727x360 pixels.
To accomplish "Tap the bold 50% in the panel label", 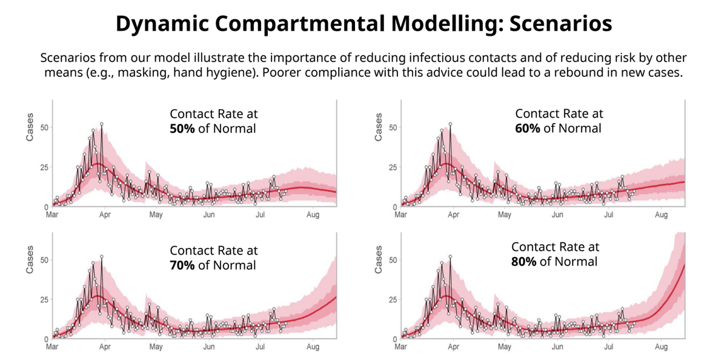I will [x=182, y=128].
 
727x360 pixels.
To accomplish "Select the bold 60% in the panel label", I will [x=528, y=128].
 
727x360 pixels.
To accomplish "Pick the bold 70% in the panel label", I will [x=182, y=265].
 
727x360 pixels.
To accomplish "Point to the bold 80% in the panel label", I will [x=524, y=262].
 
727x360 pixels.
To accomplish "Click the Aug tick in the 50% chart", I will [x=313, y=215].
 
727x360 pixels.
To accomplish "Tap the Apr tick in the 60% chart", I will [x=453, y=215].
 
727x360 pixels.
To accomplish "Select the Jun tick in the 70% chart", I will [x=209, y=347].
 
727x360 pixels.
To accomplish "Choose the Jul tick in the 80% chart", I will [x=609, y=347].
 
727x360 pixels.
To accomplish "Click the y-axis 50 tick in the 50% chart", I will [x=43, y=127].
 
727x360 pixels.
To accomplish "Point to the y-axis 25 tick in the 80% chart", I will [x=392, y=299].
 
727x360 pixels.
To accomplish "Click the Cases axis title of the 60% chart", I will [x=379, y=127].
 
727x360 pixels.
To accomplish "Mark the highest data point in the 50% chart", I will [x=101, y=124].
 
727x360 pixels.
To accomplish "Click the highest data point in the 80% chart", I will [x=450, y=256].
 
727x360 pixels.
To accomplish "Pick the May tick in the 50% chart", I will [x=156, y=215].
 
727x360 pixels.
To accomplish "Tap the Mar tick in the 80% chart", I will [x=401, y=347].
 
